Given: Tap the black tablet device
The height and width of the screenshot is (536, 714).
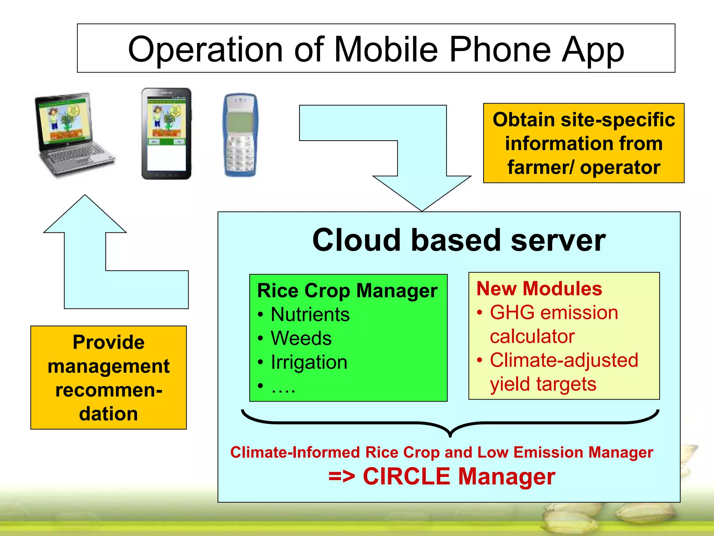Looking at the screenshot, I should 166,134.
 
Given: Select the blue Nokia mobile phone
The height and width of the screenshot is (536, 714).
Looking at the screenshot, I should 240,135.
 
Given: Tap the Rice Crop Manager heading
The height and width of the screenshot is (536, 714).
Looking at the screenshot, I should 347,291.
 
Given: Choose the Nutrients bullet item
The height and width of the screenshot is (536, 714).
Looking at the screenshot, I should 310,314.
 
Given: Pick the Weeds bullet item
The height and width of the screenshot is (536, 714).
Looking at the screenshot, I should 301,338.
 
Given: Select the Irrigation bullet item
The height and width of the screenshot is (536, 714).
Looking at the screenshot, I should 309,362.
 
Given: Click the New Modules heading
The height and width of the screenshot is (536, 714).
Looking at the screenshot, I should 539,289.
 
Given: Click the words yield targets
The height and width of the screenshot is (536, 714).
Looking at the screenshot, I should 543,384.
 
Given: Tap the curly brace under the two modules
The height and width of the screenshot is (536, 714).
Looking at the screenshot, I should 450,424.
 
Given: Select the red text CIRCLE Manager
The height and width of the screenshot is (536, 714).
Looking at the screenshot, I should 459,477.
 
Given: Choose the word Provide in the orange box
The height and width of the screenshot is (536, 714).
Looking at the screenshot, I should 108,342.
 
